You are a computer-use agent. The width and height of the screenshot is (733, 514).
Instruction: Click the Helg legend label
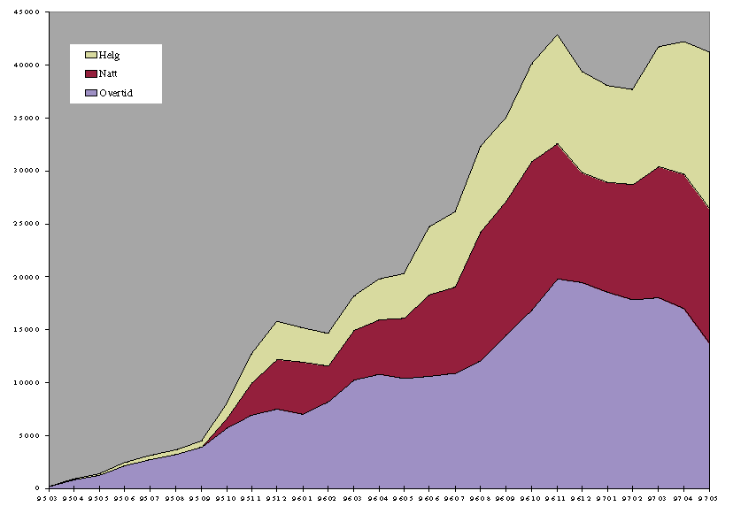(x=109, y=56)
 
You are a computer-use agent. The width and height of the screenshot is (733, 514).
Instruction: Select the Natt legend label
(x=109, y=73)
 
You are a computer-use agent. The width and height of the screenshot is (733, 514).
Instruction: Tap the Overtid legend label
(x=116, y=92)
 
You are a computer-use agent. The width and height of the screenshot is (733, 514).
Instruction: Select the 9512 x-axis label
(x=277, y=498)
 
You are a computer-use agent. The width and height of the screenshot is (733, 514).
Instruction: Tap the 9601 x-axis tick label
(x=303, y=498)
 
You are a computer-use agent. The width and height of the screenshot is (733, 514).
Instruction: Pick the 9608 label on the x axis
(x=481, y=498)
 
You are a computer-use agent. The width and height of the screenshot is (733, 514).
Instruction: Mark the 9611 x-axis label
(x=558, y=498)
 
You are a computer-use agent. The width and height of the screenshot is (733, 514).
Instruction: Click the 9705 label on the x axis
(x=710, y=498)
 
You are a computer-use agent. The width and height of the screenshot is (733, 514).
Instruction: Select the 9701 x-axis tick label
(x=608, y=498)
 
